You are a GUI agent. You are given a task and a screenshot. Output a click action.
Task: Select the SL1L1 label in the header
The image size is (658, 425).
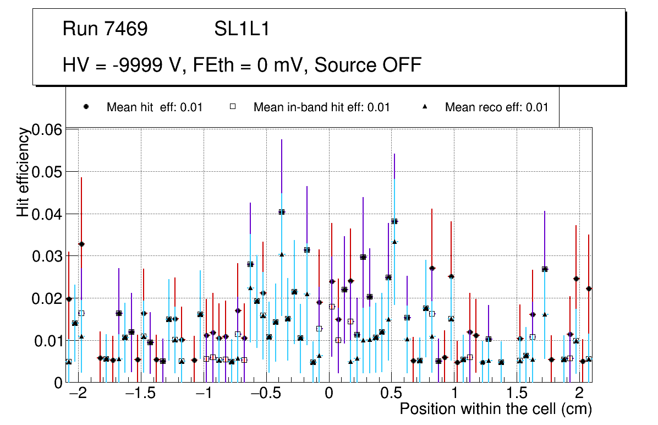tap(242, 29)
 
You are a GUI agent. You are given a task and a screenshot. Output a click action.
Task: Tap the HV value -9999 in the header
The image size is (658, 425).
tap(142, 66)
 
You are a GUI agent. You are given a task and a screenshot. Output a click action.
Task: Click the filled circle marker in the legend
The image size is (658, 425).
tap(86, 107)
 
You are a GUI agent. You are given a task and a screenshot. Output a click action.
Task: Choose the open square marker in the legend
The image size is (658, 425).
tap(233, 107)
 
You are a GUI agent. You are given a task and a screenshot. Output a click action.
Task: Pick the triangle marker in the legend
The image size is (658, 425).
tap(425, 107)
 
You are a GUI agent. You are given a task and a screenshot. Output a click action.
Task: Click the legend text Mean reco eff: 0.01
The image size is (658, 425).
tap(496, 107)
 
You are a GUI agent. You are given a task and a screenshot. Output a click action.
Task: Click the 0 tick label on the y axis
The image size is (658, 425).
tap(58, 382)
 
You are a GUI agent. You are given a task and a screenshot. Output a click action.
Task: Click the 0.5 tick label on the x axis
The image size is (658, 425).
tap(391, 395)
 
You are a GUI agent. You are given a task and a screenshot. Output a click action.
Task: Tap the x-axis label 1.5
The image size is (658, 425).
tap(517, 395)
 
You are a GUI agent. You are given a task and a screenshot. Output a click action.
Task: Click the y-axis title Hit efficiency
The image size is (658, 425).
tap(23, 172)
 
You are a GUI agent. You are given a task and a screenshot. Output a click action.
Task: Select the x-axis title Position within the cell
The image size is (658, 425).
tap(496, 410)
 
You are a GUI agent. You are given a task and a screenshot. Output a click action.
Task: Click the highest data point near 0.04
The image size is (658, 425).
tap(282, 211)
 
